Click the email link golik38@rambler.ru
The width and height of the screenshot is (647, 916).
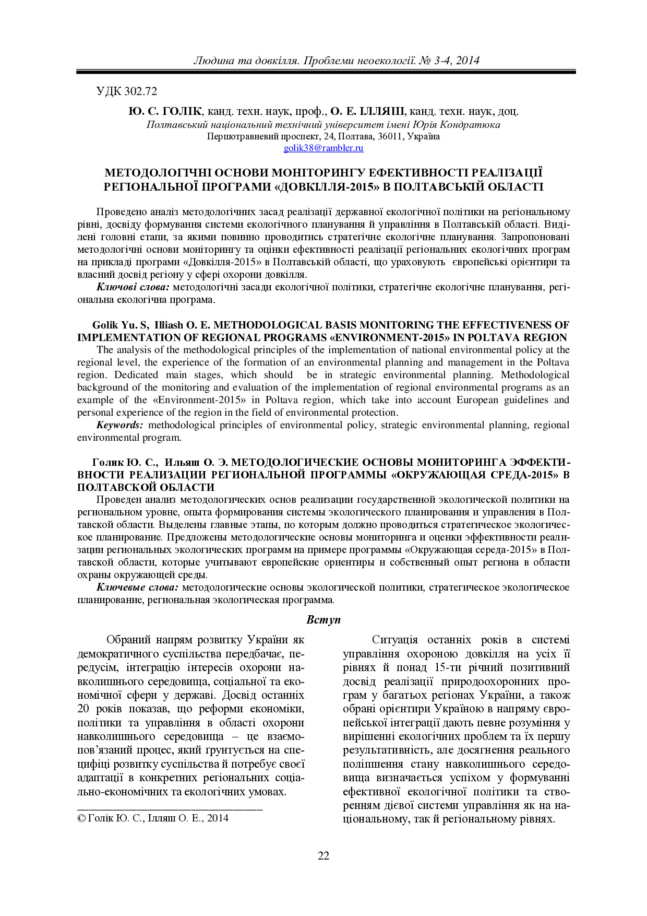coord(323,148)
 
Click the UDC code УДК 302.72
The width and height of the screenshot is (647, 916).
coord(127,91)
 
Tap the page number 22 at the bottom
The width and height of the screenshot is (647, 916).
coord(323,855)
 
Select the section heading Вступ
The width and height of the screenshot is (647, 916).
coord(323,620)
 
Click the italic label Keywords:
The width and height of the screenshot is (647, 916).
coord(119,425)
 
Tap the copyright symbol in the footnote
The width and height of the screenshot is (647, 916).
coord(81,818)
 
